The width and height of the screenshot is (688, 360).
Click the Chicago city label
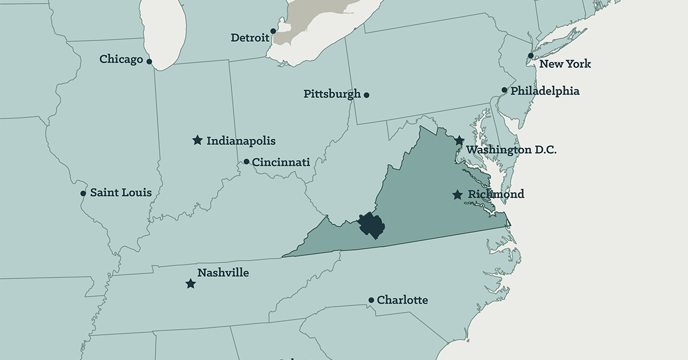[120, 59]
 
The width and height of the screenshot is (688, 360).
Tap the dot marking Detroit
[273, 31]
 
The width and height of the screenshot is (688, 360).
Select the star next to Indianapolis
[197, 140]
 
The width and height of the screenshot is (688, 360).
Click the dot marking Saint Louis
[83, 193]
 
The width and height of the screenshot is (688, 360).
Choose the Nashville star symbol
[190, 284]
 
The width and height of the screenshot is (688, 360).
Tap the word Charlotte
[402, 300]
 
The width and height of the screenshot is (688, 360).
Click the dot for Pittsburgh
[366, 95]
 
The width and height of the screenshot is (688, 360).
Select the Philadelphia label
[545, 91]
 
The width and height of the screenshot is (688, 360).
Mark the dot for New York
[531, 56]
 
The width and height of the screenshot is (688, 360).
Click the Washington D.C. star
[459, 140]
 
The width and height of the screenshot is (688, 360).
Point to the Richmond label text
[495, 194]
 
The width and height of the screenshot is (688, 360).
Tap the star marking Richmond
[457, 195]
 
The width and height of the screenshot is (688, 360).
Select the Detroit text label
[250, 38]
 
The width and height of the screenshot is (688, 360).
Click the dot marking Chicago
[149, 61]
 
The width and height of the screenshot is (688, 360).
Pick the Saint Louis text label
[121, 193]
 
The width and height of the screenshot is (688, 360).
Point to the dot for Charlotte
[371, 300]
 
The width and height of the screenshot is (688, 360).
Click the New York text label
[565, 64]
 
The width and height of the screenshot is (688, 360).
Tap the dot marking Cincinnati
[247, 162]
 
